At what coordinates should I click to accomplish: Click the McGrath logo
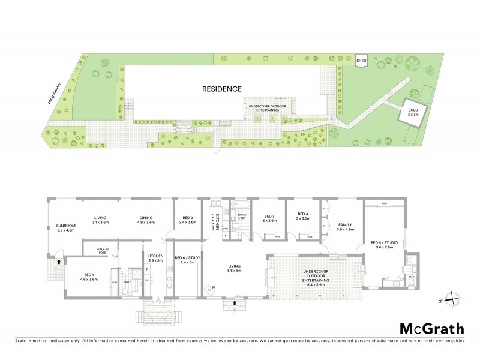(x=432, y=328)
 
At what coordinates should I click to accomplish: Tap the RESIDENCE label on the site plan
(x=221, y=89)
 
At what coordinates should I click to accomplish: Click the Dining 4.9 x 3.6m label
(x=146, y=220)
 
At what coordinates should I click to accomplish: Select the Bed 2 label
(x=187, y=220)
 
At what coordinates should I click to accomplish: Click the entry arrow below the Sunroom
(x=58, y=262)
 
